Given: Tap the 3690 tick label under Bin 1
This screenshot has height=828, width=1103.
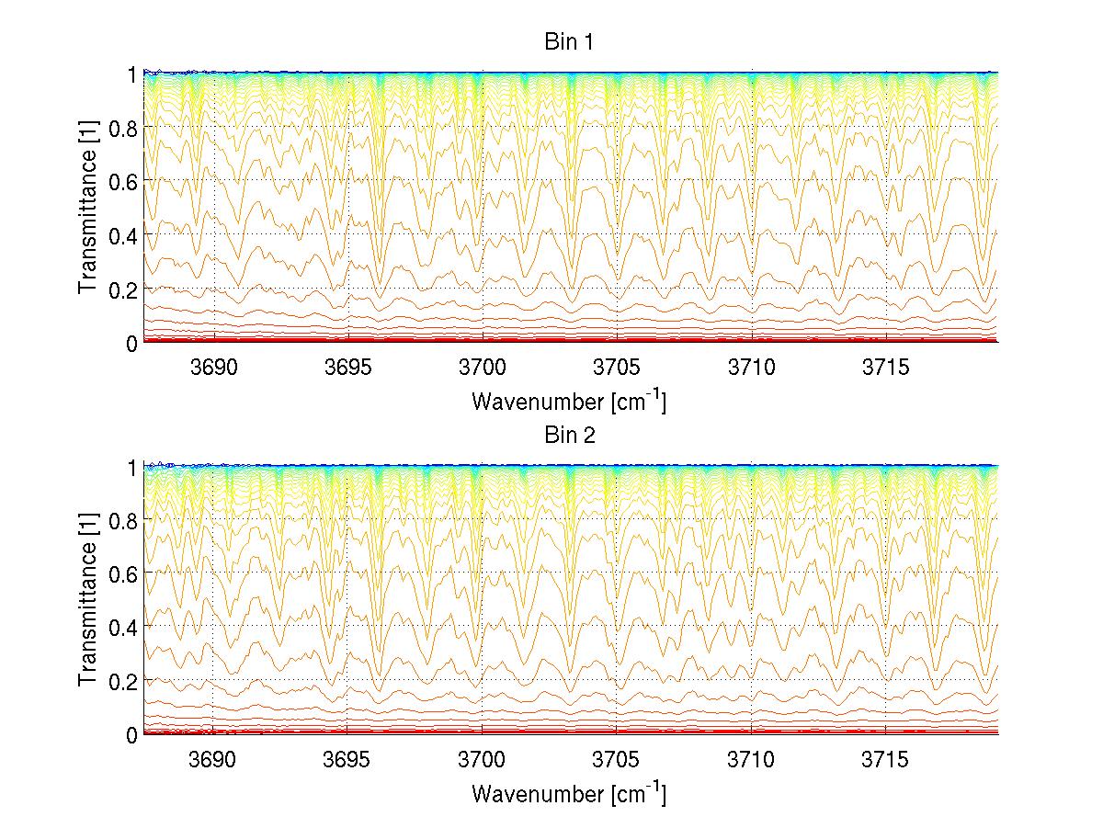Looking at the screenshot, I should [213, 367].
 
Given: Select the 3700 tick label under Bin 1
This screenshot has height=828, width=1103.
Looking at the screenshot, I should [483, 367].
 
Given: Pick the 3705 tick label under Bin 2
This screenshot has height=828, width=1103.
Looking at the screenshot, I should [617, 759].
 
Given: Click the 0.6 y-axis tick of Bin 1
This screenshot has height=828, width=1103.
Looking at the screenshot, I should [122, 181].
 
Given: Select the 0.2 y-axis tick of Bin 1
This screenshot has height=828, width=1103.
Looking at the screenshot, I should [122, 289].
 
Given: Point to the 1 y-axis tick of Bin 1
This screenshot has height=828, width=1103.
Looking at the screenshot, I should [131, 74].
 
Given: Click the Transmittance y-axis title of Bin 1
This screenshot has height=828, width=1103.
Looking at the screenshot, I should [88, 208].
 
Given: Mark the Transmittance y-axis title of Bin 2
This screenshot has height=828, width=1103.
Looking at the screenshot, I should [88, 600].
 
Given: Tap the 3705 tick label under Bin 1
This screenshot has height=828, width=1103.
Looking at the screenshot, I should [617, 367].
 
